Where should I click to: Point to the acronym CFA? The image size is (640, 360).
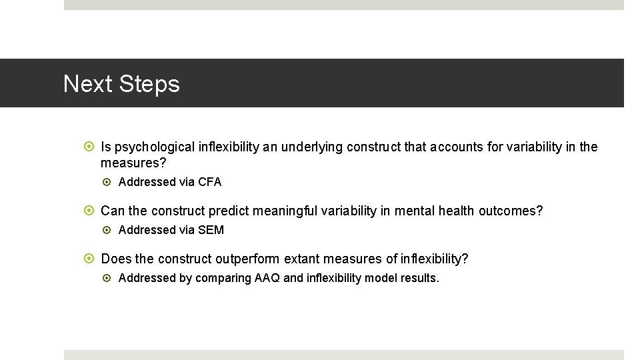[209, 182]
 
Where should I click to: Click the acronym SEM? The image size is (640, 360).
[211, 230]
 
